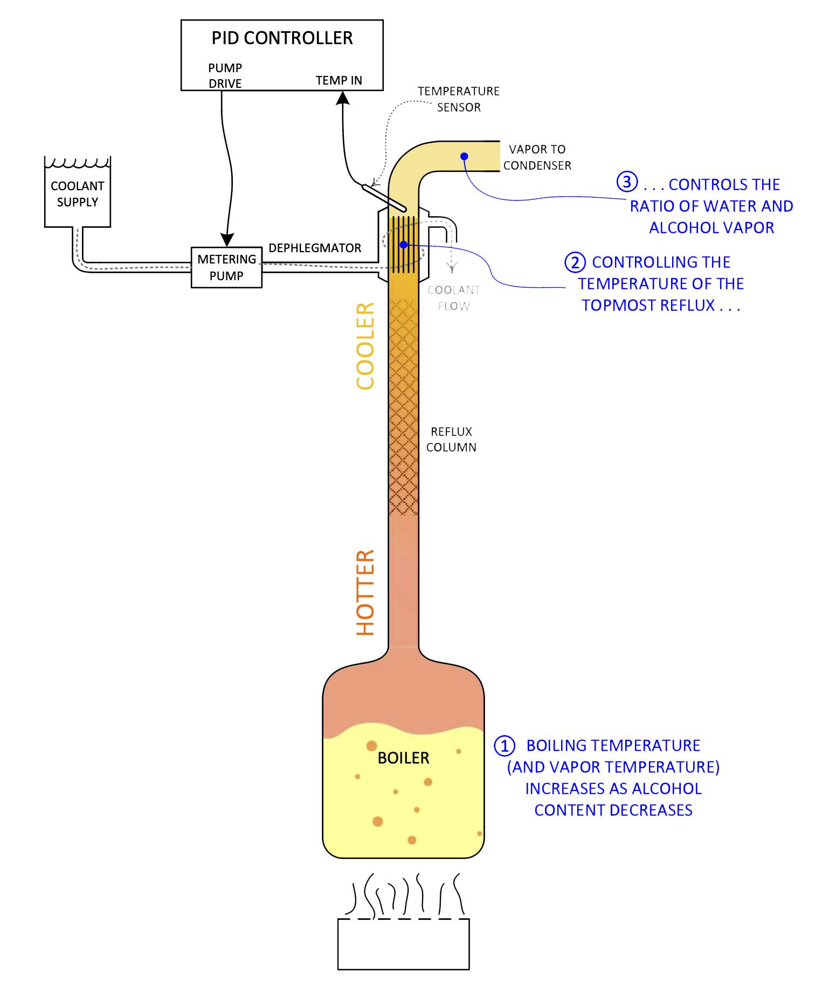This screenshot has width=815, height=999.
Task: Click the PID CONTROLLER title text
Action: (x=282, y=38)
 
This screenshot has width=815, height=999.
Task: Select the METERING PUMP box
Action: (x=226, y=267)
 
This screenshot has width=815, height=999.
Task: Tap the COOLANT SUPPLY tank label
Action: (x=78, y=194)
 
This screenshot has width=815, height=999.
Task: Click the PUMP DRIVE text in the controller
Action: (x=225, y=75)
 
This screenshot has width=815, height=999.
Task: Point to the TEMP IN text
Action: (x=339, y=81)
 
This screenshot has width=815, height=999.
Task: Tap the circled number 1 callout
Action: (x=505, y=746)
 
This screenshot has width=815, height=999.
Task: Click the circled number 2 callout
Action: (x=575, y=262)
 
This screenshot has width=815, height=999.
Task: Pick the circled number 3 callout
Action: (x=627, y=182)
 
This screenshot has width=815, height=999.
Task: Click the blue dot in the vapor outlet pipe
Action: (x=464, y=156)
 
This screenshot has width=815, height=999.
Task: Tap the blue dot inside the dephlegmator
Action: (x=403, y=245)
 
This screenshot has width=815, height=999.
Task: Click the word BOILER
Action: (x=403, y=758)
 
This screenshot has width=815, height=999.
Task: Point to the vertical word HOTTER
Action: (x=365, y=593)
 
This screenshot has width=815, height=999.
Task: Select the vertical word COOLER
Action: (x=365, y=346)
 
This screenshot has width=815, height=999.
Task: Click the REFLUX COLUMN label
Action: (x=451, y=439)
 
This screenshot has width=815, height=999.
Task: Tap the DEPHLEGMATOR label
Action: (x=315, y=248)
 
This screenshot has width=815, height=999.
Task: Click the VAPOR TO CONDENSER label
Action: (x=537, y=157)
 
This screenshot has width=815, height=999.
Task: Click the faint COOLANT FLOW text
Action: (x=453, y=298)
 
